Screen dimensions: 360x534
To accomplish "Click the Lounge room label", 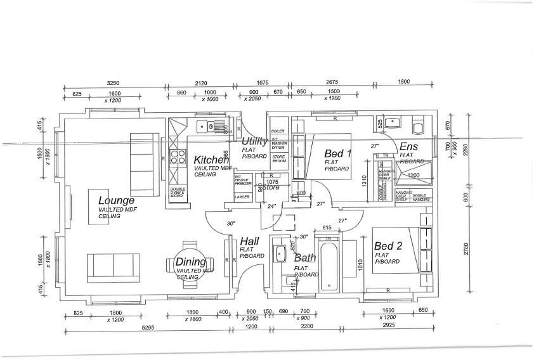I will (116, 201).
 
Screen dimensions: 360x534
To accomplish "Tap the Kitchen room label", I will (211, 160).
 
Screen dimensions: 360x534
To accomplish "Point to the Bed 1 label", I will (337, 153).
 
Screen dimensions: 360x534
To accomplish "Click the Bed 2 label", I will (388, 246).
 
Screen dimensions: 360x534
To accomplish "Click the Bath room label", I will (305, 258).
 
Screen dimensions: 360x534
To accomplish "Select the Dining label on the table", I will (190, 262).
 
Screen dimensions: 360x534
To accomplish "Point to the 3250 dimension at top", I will (113, 83).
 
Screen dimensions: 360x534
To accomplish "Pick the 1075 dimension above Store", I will (272, 181).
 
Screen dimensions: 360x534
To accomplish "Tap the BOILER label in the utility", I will (278, 131).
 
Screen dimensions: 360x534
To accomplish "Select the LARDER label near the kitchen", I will (242, 197).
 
